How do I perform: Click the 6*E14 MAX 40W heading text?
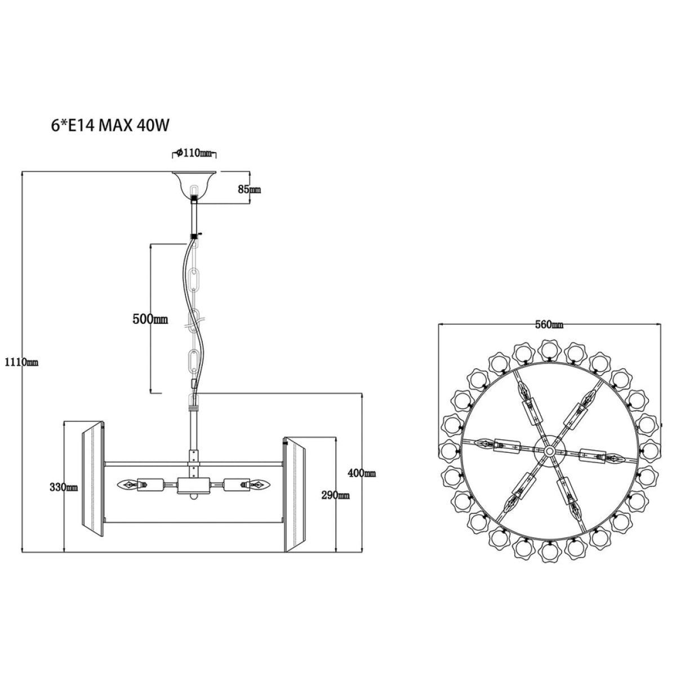(110, 126)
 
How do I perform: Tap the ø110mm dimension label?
(194, 153)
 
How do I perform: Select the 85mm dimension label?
(250, 189)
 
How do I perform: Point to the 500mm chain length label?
(150, 319)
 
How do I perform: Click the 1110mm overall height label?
(21, 362)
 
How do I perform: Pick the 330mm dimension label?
(64, 487)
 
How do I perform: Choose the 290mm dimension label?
(335, 495)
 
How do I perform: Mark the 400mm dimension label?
(362, 473)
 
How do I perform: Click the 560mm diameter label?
(549, 325)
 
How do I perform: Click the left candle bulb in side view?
(128, 485)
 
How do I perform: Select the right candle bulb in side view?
(259, 485)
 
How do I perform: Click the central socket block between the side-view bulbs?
(194, 486)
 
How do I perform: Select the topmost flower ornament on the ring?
(549, 350)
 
